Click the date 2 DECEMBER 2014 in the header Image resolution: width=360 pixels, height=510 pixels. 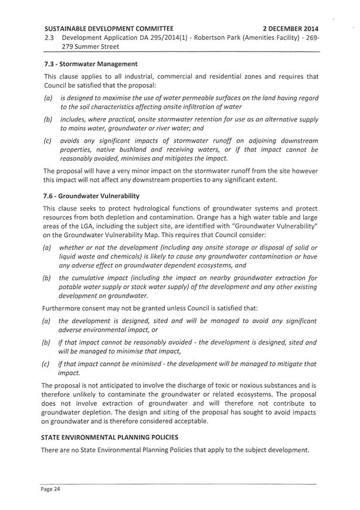[x=290, y=28]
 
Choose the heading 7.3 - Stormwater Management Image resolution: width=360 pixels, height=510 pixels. [x=87, y=64]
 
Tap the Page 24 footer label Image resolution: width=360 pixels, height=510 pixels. [x=47, y=488]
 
